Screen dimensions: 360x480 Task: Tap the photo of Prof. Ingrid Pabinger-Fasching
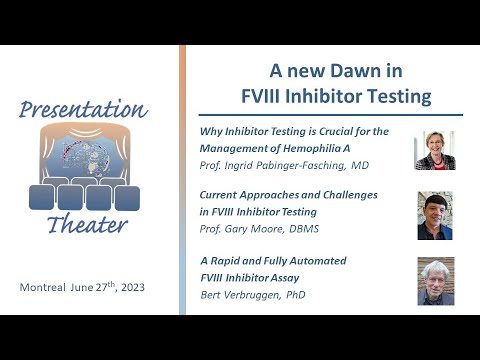[434, 150]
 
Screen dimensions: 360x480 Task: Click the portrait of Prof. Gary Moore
[434, 215]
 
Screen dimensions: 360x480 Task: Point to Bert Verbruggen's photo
[434, 281]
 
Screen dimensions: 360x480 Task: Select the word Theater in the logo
[88, 224]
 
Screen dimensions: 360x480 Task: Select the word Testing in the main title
[392, 97]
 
